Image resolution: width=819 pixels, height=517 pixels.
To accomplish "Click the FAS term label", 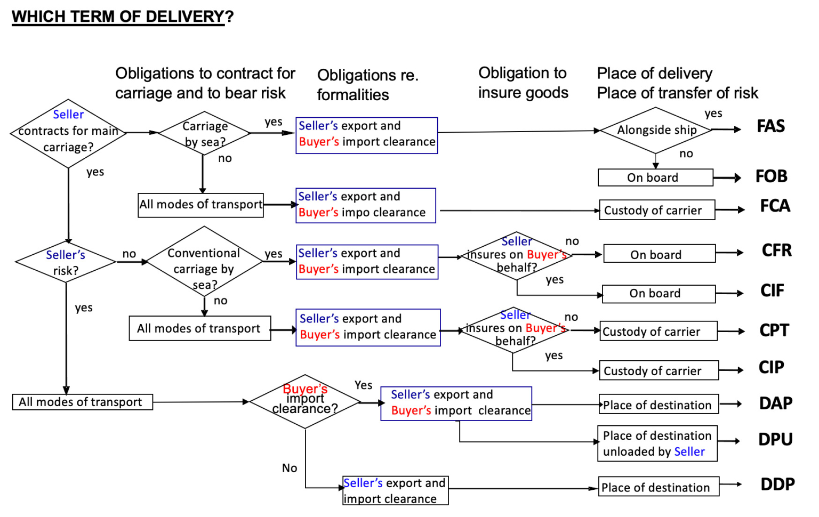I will click(x=770, y=126).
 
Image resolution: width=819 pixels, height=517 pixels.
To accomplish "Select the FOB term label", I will click(x=771, y=176).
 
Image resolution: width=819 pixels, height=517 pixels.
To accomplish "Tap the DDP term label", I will click(x=777, y=484).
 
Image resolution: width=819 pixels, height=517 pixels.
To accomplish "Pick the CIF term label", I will click(x=772, y=290).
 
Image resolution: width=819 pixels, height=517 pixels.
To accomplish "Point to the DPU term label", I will click(x=775, y=439).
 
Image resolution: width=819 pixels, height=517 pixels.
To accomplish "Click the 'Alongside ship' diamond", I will click(x=656, y=130).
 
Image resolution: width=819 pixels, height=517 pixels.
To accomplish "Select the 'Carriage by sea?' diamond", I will click(x=204, y=133).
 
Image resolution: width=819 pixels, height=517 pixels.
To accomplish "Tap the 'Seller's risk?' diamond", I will click(x=66, y=262).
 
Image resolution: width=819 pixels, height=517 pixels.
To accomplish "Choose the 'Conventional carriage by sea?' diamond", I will click(x=204, y=262).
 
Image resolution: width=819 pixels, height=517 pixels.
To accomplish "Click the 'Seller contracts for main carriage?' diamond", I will click(x=68, y=133).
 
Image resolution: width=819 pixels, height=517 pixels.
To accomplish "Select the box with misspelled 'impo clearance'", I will click(x=366, y=205).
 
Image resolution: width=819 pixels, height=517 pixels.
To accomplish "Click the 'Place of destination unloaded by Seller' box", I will click(x=657, y=443).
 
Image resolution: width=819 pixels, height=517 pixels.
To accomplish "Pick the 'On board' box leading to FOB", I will click(x=655, y=177).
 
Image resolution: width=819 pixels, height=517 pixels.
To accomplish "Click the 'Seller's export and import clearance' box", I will click(x=395, y=490).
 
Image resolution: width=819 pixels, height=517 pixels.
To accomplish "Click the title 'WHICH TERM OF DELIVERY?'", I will click(x=123, y=17).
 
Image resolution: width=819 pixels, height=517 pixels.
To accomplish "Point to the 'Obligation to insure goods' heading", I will click(x=523, y=83).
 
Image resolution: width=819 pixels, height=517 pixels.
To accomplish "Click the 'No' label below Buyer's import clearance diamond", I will click(x=290, y=468).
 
